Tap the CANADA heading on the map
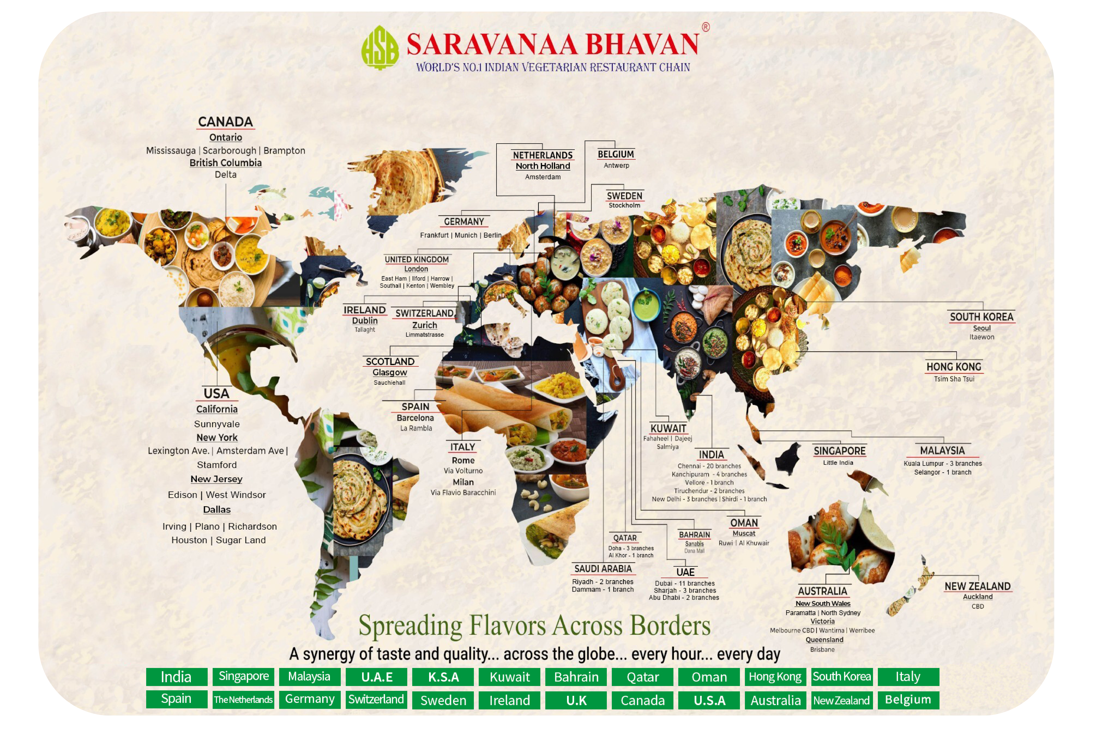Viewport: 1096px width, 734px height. point(225,122)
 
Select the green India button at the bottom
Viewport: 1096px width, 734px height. point(176,677)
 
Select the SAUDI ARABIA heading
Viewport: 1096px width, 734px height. point(603,569)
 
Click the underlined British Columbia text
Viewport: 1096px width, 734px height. point(225,163)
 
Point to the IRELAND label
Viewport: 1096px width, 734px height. point(364,310)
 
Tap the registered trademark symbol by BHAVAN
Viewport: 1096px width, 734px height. point(705,27)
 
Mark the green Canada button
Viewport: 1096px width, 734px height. point(643,700)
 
